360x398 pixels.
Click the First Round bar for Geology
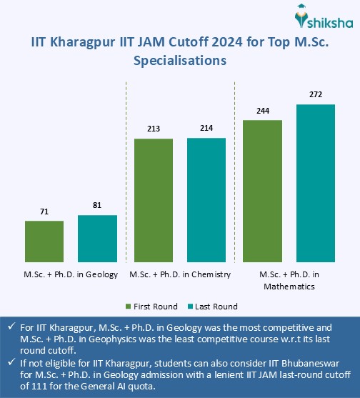(x=44, y=242)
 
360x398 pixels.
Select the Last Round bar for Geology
(x=97, y=239)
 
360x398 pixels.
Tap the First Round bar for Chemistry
(x=154, y=201)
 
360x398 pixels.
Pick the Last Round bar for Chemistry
(x=206, y=201)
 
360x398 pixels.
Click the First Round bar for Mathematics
(x=263, y=191)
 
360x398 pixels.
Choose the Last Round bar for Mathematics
(x=316, y=184)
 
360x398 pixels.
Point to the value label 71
(x=44, y=213)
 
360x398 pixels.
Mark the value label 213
(x=154, y=129)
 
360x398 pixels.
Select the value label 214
(x=206, y=129)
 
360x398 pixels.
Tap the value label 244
(x=263, y=111)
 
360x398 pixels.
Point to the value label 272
(x=316, y=95)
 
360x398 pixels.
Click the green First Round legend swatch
(x=129, y=306)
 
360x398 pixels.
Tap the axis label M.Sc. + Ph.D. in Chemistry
(x=180, y=274)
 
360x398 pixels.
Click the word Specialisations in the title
(x=180, y=61)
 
